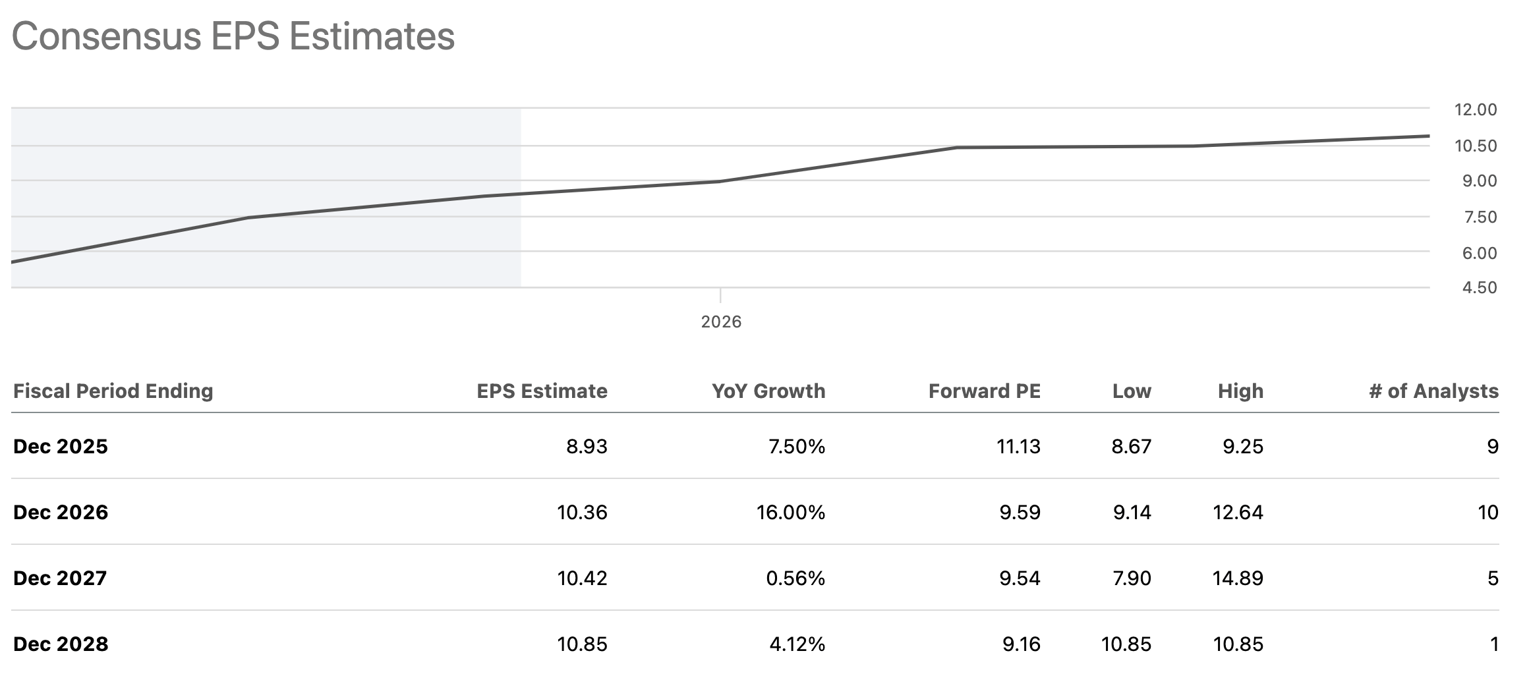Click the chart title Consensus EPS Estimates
pyautogui.click(x=233, y=36)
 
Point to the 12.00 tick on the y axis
pyautogui.click(x=1476, y=110)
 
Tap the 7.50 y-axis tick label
pyautogui.click(x=1480, y=217)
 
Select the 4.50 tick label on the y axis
pyautogui.click(x=1480, y=288)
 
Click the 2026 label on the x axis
pyautogui.click(x=721, y=322)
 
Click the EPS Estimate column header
pyautogui.click(x=542, y=391)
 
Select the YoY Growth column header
pyautogui.click(x=768, y=391)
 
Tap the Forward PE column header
pyautogui.click(x=985, y=391)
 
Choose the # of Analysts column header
pyautogui.click(x=1433, y=391)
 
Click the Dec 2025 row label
pyautogui.click(x=61, y=447)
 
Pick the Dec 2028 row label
pyautogui.click(x=61, y=644)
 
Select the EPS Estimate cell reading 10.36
pyautogui.click(x=582, y=513)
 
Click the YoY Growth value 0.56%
pyautogui.click(x=795, y=578)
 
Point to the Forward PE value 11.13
pyautogui.click(x=1018, y=447)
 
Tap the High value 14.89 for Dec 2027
pyautogui.click(x=1238, y=578)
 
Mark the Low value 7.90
pyautogui.click(x=1132, y=578)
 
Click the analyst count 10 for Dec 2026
pyautogui.click(x=1488, y=513)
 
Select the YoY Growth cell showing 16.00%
pyautogui.click(x=791, y=513)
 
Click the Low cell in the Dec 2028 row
pyautogui.click(x=1126, y=644)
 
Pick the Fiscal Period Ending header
pyautogui.click(x=113, y=391)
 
